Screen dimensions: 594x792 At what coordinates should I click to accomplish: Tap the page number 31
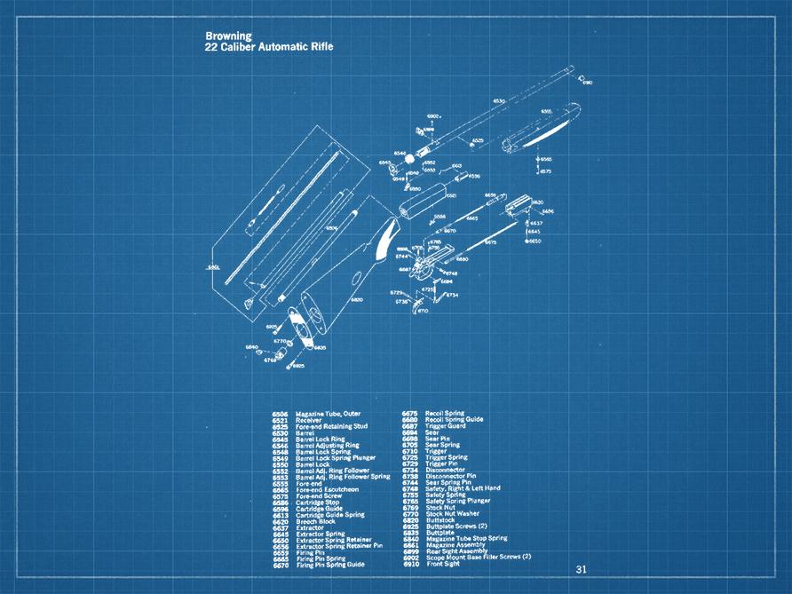tap(582, 569)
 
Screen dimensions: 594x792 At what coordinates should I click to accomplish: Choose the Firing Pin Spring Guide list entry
tap(330, 564)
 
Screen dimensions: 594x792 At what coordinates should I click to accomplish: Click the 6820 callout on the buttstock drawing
tap(356, 300)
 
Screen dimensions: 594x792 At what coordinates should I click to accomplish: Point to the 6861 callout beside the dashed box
tap(213, 266)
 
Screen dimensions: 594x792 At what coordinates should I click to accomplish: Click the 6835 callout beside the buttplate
tap(320, 347)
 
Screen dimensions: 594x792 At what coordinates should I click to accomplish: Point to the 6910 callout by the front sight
tap(588, 83)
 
